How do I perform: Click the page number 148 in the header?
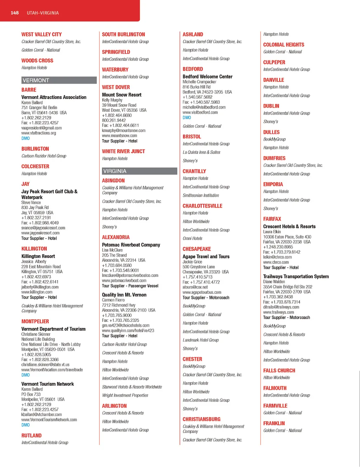[14, 13]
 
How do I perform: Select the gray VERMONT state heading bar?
[59, 80]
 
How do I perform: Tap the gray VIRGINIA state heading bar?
[139, 171]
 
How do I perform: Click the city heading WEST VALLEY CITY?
[41, 34]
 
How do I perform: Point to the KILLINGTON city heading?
[34, 249]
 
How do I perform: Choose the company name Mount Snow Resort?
[122, 95]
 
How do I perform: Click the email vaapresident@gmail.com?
[41, 128]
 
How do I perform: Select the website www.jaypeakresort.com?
[40, 233]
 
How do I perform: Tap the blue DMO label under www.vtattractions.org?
[26, 138]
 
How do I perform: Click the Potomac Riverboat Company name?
[131, 245]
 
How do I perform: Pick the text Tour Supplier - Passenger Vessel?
[130, 286]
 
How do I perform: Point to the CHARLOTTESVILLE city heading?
[202, 206]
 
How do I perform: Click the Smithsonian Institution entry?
[201, 195]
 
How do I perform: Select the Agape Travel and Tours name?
[206, 257]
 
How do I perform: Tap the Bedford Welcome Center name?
[207, 77]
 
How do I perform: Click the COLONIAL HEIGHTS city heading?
[284, 45]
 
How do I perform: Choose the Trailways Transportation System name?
[296, 277]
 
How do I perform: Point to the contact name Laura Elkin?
[272, 232]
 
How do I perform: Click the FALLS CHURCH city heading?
[279, 371]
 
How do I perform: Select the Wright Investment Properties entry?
[125, 395]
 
